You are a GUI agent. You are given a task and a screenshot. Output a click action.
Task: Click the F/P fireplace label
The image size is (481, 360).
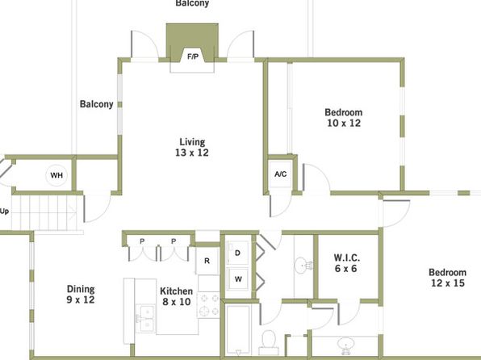[x=193, y=57]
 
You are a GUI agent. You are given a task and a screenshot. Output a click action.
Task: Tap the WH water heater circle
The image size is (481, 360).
[x=56, y=175]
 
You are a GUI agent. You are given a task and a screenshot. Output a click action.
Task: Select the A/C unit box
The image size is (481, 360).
[x=280, y=174]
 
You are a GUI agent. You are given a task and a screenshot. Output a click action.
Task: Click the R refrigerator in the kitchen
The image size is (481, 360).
[x=207, y=261]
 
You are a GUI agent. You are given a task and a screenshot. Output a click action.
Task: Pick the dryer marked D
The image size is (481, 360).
[x=237, y=253]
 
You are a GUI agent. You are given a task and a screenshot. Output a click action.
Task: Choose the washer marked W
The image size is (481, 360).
[x=238, y=278]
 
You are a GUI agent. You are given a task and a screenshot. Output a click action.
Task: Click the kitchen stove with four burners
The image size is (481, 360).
[x=208, y=305]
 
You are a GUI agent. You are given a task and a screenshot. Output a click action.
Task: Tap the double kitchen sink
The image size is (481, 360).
[x=145, y=318]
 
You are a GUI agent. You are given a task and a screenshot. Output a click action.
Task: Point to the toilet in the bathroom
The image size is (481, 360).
[x=269, y=342]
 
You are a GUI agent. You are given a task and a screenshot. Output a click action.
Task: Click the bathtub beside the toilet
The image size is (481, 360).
[x=238, y=330]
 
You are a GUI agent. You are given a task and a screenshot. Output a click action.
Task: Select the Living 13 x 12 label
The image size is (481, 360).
[x=192, y=147]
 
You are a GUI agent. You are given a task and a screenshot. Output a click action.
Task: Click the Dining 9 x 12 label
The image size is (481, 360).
[x=81, y=294]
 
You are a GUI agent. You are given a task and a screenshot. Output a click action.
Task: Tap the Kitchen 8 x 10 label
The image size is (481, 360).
[x=177, y=296]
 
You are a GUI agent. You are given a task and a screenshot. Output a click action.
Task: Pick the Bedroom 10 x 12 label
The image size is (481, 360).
[x=344, y=118]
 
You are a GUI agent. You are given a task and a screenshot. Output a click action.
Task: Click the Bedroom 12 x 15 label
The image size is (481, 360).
[x=448, y=278]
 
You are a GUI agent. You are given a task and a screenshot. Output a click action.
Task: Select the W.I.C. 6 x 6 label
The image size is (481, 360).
[x=347, y=262]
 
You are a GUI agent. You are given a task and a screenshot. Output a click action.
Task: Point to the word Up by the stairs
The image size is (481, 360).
[x=4, y=211]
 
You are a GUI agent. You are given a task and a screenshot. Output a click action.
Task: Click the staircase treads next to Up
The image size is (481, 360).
[x=44, y=212]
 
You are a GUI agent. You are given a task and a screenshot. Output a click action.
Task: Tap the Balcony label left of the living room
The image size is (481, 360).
[x=96, y=104]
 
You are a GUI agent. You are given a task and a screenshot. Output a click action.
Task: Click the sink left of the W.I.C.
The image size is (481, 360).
[x=303, y=264]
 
